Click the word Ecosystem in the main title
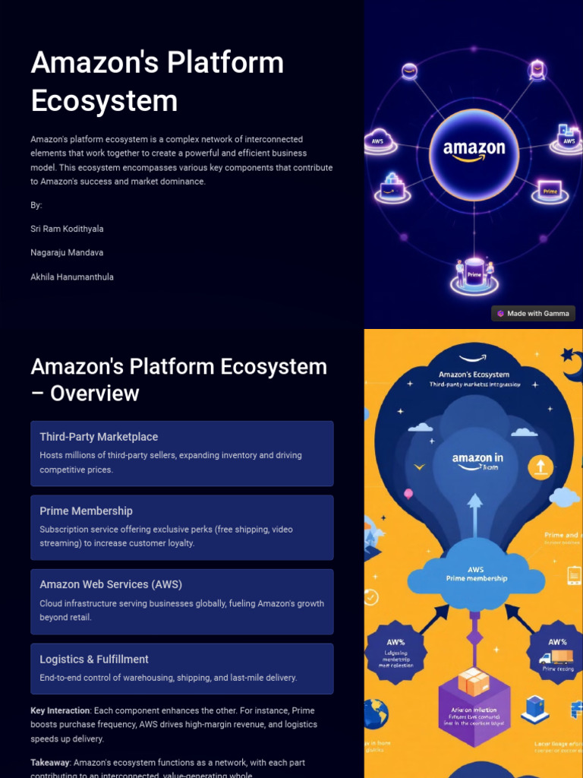click(104, 101)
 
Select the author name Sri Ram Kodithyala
click(67, 229)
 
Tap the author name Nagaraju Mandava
click(67, 252)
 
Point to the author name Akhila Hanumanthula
click(72, 277)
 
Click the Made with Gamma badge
click(533, 313)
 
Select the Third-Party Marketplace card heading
click(99, 437)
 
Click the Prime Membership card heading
click(86, 511)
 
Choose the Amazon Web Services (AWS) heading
click(111, 584)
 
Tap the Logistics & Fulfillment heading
click(94, 659)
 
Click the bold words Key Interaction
click(59, 710)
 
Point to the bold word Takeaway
click(49, 762)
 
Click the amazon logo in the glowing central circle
click(474, 150)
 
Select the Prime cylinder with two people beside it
click(474, 272)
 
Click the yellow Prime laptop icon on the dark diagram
click(550, 190)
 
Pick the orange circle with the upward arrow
click(540, 466)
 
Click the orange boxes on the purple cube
click(473, 682)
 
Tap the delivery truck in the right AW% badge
click(556, 657)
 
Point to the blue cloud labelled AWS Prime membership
click(475, 575)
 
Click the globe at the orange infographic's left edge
click(374, 713)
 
